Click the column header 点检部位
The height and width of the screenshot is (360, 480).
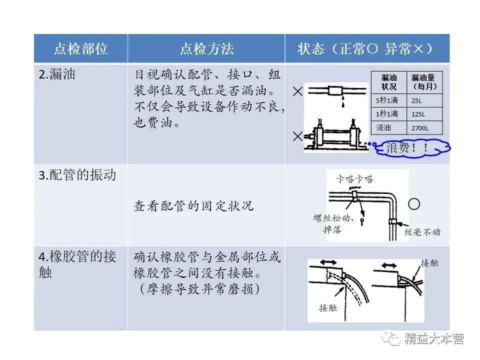[80, 49]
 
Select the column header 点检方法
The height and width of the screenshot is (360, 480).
[206, 49]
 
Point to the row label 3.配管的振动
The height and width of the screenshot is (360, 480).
[77, 175]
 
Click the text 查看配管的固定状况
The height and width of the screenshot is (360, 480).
[193, 205]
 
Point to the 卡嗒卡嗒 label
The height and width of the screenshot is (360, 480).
[354, 179]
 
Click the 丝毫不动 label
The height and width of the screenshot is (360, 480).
[422, 232]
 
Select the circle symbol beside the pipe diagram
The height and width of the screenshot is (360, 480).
[414, 204]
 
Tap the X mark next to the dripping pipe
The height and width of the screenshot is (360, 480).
[298, 91]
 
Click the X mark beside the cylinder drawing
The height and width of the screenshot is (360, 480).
[298, 135]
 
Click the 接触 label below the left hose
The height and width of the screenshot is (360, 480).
[328, 307]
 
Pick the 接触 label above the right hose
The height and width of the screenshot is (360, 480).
[429, 262]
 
